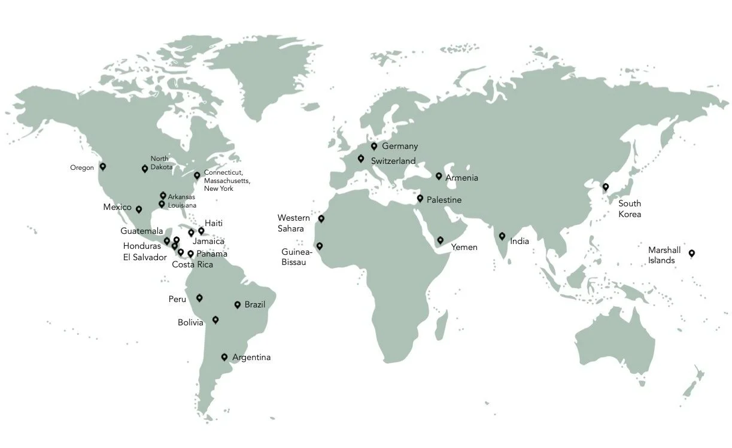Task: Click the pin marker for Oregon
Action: (x=102, y=166)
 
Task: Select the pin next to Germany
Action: (x=374, y=145)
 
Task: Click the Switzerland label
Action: (x=393, y=161)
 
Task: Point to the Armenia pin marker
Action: (x=439, y=176)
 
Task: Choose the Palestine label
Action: (x=444, y=200)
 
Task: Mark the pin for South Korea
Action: (x=605, y=186)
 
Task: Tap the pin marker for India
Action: (x=502, y=236)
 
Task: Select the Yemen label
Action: (x=464, y=247)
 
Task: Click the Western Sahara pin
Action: (x=321, y=218)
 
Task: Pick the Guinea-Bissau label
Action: (x=295, y=257)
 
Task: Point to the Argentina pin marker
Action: (x=224, y=356)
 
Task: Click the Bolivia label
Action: (x=190, y=322)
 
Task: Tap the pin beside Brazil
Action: (x=238, y=304)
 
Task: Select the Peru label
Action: (x=177, y=299)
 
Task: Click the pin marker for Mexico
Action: (x=139, y=209)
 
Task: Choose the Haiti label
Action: (x=214, y=223)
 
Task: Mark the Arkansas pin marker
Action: (x=163, y=195)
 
